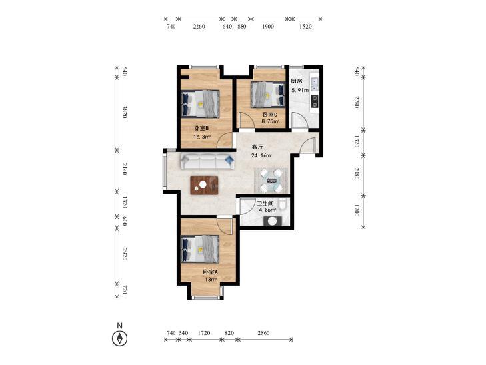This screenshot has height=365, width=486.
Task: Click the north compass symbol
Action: (x=119, y=338)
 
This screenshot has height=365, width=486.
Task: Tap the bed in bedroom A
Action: (x=200, y=248)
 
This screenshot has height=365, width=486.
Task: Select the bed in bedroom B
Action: (x=200, y=104)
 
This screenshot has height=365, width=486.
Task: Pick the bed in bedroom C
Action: (x=267, y=95)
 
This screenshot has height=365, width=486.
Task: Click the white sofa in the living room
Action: (x=207, y=161)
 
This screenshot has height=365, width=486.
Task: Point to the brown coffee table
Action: (x=204, y=185)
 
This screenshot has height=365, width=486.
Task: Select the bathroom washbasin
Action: (x=273, y=221)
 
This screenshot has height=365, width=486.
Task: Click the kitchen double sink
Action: (x=314, y=84)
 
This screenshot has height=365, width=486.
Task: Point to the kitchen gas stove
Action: (x=314, y=101)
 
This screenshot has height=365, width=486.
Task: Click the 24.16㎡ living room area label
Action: (x=261, y=155)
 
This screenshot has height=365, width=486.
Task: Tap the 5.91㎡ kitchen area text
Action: (x=301, y=91)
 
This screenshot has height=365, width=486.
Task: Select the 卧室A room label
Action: (x=211, y=272)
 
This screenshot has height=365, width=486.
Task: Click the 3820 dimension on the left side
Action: (x=124, y=112)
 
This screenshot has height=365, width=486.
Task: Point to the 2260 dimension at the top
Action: (x=199, y=27)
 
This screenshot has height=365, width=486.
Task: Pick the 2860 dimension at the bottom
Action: (x=263, y=333)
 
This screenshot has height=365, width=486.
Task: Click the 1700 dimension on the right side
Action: (x=357, y=210)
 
